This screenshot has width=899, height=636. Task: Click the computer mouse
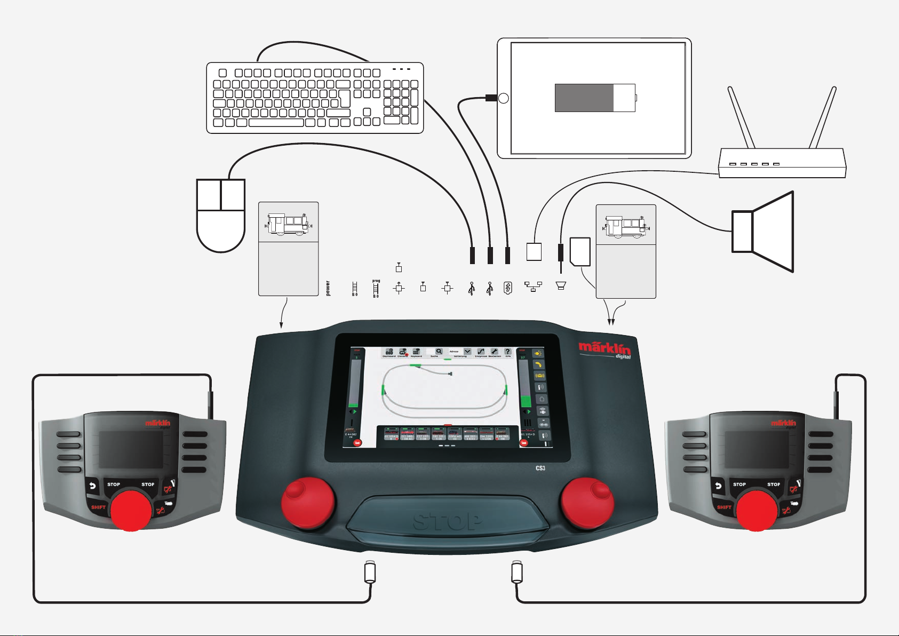tap(221, 216)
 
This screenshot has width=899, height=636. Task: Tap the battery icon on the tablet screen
tap(595, 98)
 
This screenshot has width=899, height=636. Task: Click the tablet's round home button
tap(503, 98)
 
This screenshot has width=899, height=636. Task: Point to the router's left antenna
tap(742, 117)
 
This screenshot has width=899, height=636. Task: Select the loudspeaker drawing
tap(763, 232)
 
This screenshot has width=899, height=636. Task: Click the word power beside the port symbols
tap(328, 288)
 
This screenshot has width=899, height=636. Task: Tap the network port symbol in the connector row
tap(533, 287)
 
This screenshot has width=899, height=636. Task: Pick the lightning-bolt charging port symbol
tap(508, 288)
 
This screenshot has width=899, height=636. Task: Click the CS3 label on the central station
tap(540, 468)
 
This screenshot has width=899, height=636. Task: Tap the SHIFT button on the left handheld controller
tap(98, 507)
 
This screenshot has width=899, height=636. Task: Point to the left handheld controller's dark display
tap(131, 450)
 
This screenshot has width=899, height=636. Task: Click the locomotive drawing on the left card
tap(288, 224)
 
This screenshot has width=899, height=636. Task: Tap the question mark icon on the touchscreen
tap(508, 352)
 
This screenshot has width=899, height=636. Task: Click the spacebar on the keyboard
tap(276, 123)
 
